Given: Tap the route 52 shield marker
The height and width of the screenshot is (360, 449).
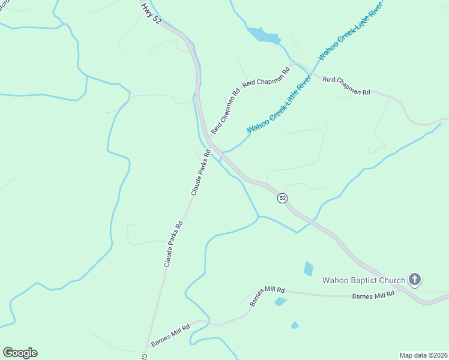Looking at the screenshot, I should tap(282, 198).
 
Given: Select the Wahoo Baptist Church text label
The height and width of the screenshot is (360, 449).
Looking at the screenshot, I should tap(363, 280).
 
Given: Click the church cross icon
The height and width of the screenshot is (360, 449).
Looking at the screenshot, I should tap(414, 279).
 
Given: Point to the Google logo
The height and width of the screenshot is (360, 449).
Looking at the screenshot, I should tap(20, 353).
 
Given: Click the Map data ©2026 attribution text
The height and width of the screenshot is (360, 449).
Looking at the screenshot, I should tap(423, 355).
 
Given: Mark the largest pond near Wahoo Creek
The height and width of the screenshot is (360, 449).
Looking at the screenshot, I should tap(263, 35).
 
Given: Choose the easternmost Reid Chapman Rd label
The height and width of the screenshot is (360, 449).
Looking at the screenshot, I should tap(346, 85).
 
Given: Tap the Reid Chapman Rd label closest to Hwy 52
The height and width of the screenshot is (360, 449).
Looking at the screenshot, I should tap(225, 110).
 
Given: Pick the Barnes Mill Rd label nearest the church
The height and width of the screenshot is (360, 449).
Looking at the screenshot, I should tap(373, 294).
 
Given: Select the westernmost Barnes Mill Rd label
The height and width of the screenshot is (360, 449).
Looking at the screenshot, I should tap(170, 335).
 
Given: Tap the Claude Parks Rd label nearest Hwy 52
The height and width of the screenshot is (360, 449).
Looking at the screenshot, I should tap(200, 173).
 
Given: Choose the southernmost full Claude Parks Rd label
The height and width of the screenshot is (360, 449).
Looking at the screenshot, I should tap(173, 244).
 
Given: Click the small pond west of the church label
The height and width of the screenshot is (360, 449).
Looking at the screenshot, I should tap(308, 268).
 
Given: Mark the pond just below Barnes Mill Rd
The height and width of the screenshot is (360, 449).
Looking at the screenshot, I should tap(280, 301).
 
